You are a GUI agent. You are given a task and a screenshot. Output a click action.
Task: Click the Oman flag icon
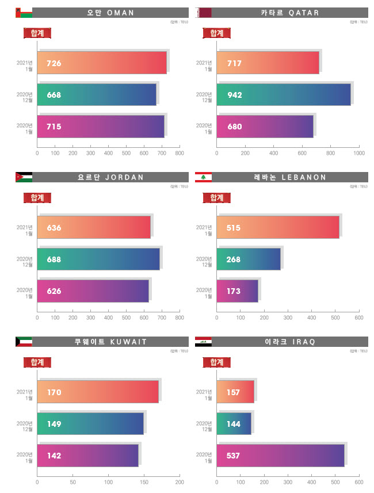[x=24, y=13]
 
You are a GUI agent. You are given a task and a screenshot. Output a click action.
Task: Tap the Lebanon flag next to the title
[x=203, y=177]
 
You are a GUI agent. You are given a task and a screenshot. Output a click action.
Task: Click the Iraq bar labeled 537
[x=280, y=456]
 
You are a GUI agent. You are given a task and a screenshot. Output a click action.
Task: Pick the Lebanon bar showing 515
[x=278, y=228]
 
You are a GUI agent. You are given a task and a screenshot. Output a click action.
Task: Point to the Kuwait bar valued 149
[x=90, y=424]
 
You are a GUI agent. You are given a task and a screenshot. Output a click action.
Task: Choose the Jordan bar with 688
[x=98, y=259]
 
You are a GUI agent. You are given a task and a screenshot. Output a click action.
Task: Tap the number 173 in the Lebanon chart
[x=234, y=291]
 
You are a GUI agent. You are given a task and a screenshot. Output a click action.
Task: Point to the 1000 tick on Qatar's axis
[x=358, y=154]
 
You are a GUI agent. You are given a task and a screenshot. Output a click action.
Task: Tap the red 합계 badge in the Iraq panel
[x=217, y=362]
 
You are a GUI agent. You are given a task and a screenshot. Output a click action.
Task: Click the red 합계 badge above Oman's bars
[x=37, y=33]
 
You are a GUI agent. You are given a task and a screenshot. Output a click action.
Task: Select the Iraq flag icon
[x=203, y=342]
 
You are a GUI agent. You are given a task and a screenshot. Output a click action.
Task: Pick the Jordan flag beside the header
[x=24, y=177]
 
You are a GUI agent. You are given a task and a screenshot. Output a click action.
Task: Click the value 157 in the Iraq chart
[x=234, y=392]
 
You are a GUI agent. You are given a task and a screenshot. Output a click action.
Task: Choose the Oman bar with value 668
[x=97, y=95]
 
